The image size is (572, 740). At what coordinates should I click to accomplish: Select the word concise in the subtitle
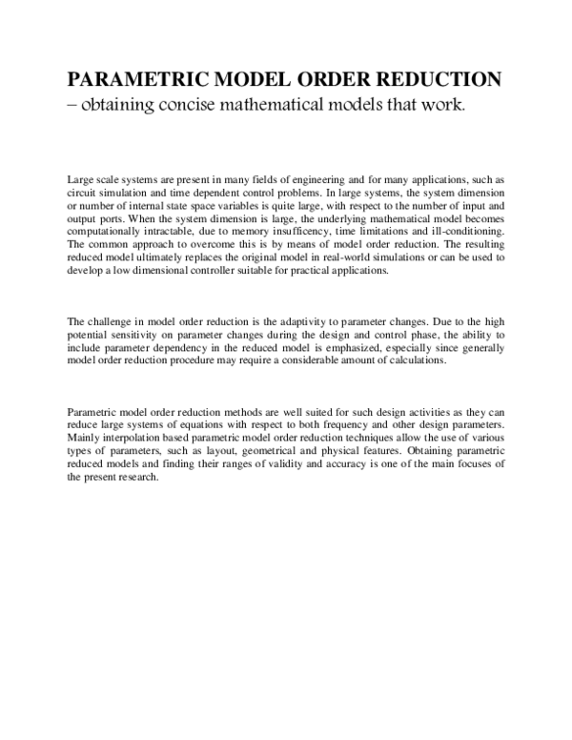coord(185,105)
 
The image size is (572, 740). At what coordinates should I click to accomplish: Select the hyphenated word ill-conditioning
coord(462,232)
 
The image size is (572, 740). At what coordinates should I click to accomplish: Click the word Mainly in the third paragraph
coord(84,436)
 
